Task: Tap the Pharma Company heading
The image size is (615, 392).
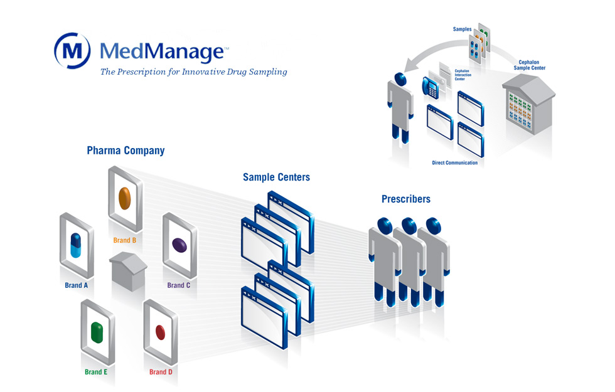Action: pos(126,151)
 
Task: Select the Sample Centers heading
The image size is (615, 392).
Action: pos(276,177)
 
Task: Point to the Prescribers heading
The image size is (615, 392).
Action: pos(406,199)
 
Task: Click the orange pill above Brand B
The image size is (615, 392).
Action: pos(124,198)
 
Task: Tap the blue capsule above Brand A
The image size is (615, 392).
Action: pos(76,245)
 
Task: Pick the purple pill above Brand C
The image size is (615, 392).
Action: pos(179,244)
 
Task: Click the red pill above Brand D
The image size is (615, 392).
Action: pos(160,331)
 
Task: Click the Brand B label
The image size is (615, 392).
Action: pos(125,240)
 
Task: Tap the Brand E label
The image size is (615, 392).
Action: pos(96,372)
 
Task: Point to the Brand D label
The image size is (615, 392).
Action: pos(161,372)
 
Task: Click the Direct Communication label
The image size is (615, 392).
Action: pos(454,163)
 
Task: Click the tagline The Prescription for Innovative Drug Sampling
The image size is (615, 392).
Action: pos(193,72)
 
